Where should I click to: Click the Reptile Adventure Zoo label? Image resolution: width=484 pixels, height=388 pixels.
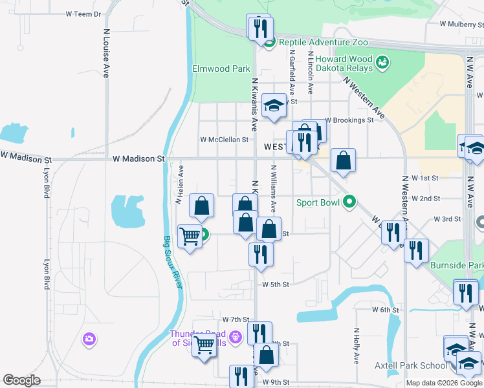(x=323, y=42)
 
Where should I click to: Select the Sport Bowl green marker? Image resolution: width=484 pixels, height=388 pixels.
(x=349, y=202)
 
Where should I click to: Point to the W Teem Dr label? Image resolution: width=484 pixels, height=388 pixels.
(x=84, y=14)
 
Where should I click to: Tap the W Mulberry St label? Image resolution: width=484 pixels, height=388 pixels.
(x=461, y=24)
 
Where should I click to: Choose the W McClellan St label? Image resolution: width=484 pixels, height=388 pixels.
(x=224, y=139)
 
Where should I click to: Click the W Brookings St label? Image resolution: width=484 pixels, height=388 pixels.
(x=349, y=120)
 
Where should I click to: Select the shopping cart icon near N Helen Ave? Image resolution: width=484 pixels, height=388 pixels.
(x=190, y=237)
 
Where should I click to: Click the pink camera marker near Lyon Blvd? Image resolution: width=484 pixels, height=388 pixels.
(x=89, y=338)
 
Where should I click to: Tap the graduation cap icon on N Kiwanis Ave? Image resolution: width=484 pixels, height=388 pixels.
(x=274, y=105)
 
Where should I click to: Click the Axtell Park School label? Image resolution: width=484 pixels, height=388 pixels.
(x=411, y=365)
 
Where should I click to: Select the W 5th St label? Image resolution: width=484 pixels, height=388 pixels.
(x=275, y=284)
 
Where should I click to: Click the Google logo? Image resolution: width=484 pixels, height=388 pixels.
(x=21, y=380)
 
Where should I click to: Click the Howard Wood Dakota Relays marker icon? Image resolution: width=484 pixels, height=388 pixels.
(x=382, y=62)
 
